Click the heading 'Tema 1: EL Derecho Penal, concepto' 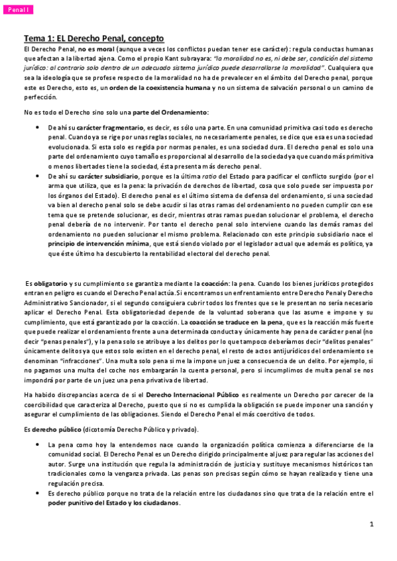click(x=93, y=39)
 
